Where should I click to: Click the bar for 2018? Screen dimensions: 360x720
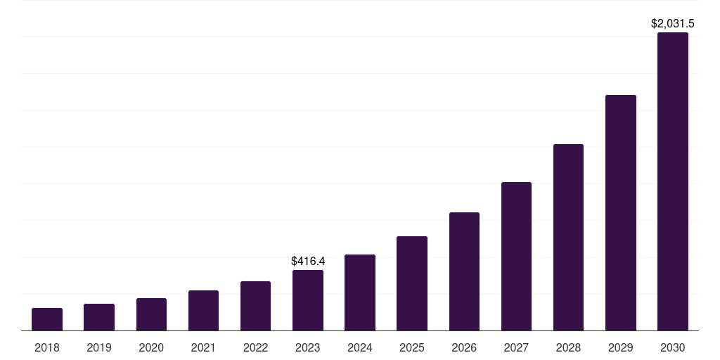click(47, 319)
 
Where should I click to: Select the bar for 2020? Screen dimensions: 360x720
click(151, 314)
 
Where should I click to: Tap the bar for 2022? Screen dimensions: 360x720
click(255, 306)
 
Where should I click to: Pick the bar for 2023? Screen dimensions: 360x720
click(308, 300)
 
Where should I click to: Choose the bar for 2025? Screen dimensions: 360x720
click(412, 283)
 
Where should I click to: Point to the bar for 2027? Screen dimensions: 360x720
click(516, 256)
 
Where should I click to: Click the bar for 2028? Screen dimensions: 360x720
click(568, 237)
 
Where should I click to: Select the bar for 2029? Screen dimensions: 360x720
click(620, 212)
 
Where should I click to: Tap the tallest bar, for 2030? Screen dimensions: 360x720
click(673, 181)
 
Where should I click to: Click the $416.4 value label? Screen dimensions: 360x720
click(308, 262)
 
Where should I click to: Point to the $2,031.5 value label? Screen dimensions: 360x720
click(673, 24)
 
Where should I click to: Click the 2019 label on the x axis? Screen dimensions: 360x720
click(99, 347)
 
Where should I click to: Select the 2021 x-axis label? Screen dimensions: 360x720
click(203, 347)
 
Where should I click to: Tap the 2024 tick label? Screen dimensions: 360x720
click(360, 347)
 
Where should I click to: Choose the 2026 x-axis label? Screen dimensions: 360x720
click(464, 347)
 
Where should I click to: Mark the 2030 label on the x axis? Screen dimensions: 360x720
click(673, 347)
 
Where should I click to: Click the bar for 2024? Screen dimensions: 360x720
click(360, 292)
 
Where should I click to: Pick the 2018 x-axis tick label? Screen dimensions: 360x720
click(47, 347)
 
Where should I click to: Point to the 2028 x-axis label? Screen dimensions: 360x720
click(568, 347)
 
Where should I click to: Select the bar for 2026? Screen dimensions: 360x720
click(464, 271)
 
